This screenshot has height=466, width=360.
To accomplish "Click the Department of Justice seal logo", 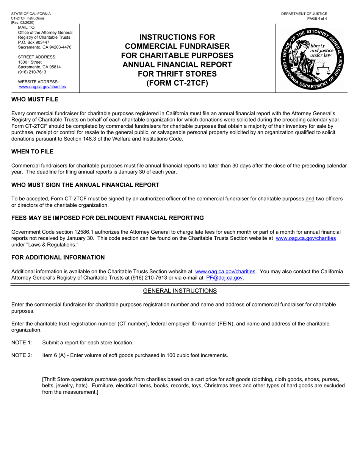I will point(310,58).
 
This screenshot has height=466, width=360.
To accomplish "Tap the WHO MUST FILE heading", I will point(35,99).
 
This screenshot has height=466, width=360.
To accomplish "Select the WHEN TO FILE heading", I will point(32,152).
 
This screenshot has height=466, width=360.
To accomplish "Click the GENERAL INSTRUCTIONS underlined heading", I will point(180,291).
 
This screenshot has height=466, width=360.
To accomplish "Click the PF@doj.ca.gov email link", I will point(224,278).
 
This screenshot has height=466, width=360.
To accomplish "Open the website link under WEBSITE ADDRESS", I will point(42,87).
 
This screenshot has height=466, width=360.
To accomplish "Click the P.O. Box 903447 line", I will point(34,42).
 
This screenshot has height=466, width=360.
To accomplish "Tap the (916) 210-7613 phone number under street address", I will point(32,72).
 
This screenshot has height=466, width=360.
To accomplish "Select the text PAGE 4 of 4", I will point(317,19).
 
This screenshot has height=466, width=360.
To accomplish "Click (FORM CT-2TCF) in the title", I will point(177,83).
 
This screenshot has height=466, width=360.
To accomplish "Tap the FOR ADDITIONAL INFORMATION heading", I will point(58,257).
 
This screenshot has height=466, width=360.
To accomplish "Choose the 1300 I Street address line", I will point(30,62).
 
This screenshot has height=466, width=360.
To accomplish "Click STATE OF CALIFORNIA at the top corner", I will point(31,14).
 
